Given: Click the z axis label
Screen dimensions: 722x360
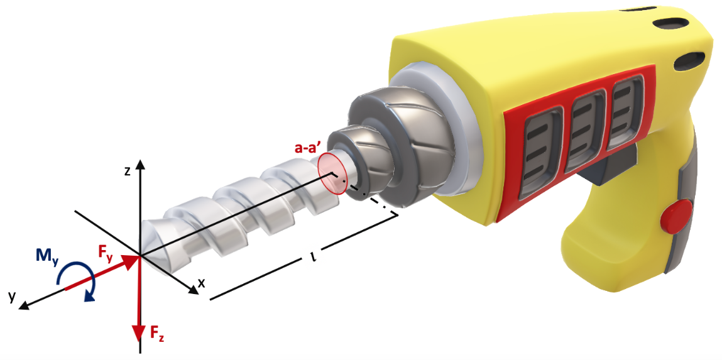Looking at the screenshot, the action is pos(127,172).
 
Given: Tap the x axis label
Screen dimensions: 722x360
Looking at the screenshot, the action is pos(200,283).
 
